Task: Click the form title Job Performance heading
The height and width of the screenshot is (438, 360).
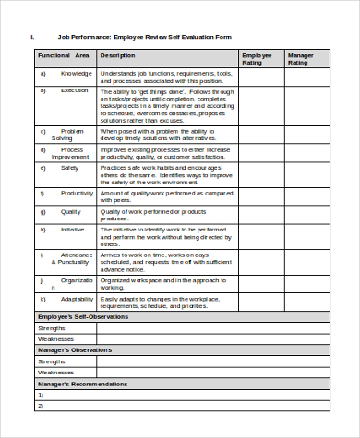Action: pyautogui.click(x=145, y=37)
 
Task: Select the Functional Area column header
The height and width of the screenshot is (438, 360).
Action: pyautogui.click(x=64, y=55)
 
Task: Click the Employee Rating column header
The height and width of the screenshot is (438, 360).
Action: pyautogui.click(x=257, y=59)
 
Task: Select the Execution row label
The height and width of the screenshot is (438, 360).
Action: pyautogui.click(x=75, y=91)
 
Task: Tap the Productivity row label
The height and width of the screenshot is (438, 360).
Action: pyautogui.click(x=77, y=193)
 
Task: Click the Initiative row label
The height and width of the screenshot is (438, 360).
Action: pyautogui.click(x=73, y=229)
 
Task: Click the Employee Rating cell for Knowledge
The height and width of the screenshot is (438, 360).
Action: pyautogui.click(x=260, y=77)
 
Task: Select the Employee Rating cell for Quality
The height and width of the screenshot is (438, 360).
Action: pyautogui.click(x=260, y=213)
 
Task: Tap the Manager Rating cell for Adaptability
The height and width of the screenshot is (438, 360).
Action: pyautogui.click(x=306, y=303)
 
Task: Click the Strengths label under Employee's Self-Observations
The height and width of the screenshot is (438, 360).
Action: pyautogui.click(x=51, y=327)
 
